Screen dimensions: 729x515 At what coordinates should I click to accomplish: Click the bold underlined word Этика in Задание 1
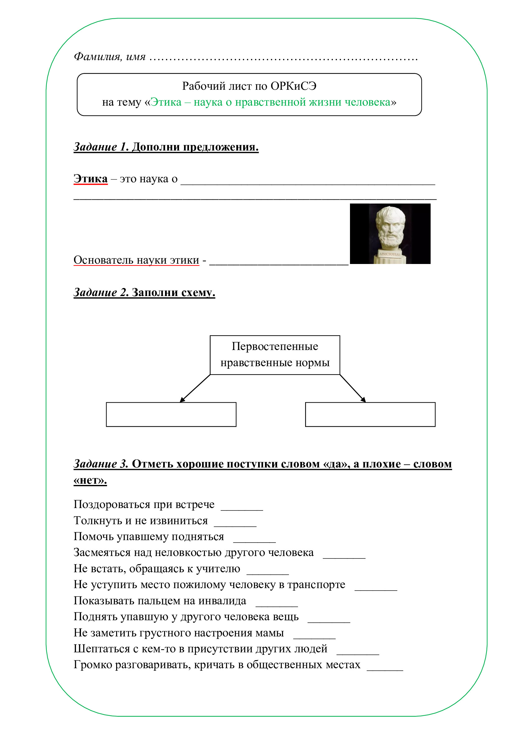[90, 179]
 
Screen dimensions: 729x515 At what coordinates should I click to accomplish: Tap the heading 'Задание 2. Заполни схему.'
[144, 292]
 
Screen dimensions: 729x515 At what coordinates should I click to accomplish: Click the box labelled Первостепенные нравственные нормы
[275, 355]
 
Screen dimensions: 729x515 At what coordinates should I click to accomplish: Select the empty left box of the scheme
[171, 414]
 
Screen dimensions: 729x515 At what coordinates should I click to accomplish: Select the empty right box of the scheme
[370, 414]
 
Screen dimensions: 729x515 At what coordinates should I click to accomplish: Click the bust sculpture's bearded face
[390, 230]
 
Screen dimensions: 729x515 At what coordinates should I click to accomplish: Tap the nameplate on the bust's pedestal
[390, 254]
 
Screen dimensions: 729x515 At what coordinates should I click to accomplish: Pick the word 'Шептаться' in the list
[102, 649]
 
